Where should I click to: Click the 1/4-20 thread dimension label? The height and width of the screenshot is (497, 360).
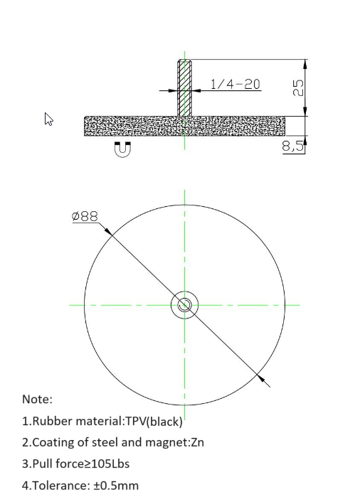(x=235, y=84)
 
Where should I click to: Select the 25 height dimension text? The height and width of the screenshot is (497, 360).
(x=298, y=87)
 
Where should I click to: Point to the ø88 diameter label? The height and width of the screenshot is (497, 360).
(x=85, y=216)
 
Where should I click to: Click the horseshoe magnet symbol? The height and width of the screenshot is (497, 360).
(x=122, y=149)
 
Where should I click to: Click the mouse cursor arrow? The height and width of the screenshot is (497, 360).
(x=49, y=119)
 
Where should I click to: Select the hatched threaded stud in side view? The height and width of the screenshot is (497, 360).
(x=184, y=87)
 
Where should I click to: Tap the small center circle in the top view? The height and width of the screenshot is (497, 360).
(x=184, y=305)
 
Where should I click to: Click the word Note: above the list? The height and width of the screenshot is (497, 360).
(x=37, y=399)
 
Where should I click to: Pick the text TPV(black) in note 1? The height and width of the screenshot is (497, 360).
(x=154, y=421)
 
